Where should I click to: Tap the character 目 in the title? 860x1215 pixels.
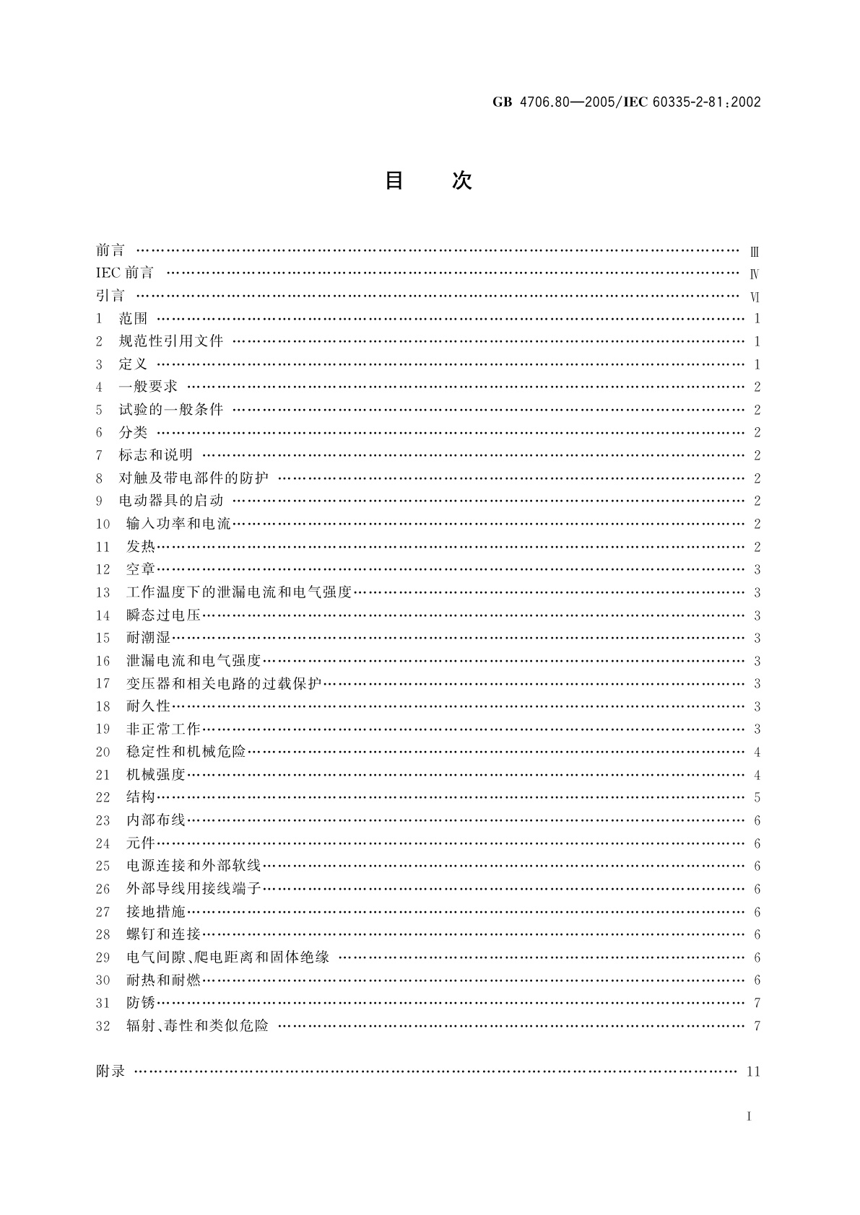click(x=394, y=180)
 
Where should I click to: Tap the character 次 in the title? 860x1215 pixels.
click(x=462, y=180)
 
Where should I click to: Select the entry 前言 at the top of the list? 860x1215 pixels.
click(x=110, y=250)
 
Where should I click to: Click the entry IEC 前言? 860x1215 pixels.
click(x=125, y=273)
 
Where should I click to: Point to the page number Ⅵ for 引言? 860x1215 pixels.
click(x=755, y=297)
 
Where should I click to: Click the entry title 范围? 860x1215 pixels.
click(x=133, y=319)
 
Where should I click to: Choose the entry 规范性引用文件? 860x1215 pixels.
click(x=171, y=341)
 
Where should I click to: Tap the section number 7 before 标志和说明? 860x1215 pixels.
click(x=100, y=455)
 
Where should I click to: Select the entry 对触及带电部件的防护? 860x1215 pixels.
click(x=194, y=478)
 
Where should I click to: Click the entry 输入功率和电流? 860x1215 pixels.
click(x=178, y=524)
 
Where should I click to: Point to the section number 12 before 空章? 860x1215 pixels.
click(x=103, y=570)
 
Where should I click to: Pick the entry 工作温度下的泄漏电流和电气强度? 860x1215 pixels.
click(x=238, y=592)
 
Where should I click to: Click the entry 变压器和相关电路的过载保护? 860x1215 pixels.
click(x=223, y=684)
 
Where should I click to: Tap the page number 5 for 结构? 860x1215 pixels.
click(x=757, y=798)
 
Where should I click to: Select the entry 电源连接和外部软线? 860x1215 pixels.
click(x=194, y=866)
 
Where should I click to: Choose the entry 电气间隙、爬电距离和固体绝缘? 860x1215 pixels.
click(x=227, y=957)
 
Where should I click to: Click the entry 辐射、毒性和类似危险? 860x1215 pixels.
click(x=197, y=1026)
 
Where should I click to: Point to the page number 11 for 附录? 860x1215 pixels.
click(x=753, y=1071)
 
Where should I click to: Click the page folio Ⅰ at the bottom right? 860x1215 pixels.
click(x=750, y=1117)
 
